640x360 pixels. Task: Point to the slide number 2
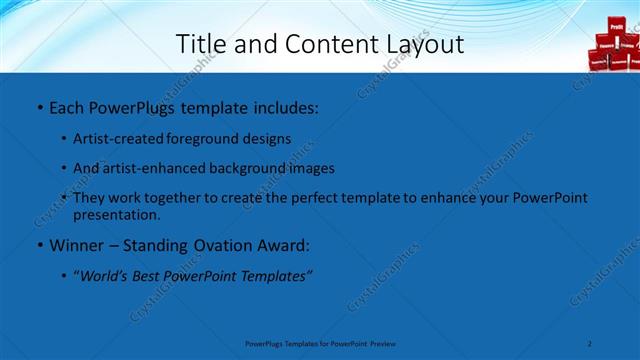pos(590,343)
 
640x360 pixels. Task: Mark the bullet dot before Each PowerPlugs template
pos(38,107)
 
